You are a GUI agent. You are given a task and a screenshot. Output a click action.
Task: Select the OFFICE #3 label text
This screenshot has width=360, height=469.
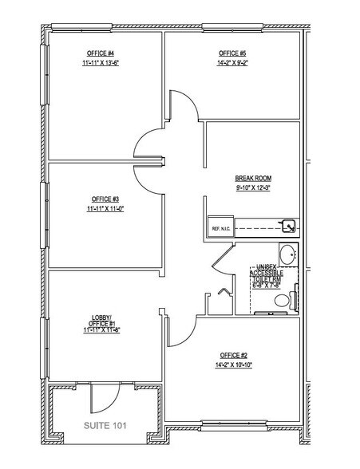(x=105, y=199)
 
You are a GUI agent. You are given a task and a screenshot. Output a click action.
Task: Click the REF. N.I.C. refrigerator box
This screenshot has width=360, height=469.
(x=220, y=228)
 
